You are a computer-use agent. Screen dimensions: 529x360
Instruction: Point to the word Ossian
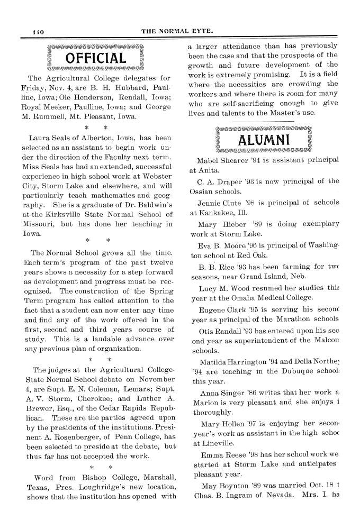(202, 191)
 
